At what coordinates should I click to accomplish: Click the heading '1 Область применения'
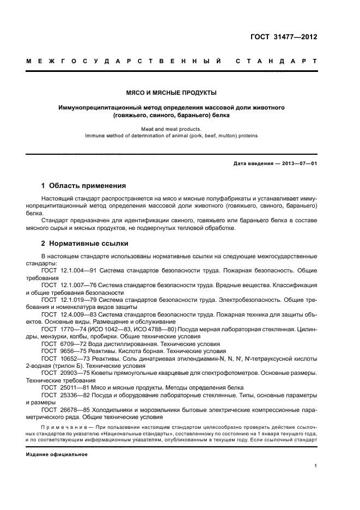(x=84, y=186)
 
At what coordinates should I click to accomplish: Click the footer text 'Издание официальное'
(x=57, y=454)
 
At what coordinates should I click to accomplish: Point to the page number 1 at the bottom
(x=316, y=466)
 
